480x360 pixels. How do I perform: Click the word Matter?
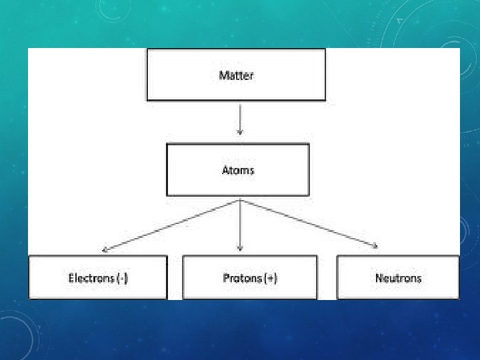[236, 75]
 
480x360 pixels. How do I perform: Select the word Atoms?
[238, 170]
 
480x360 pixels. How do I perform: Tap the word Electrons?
[91, 277]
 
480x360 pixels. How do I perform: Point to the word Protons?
[242, 277]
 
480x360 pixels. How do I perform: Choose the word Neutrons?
[398, 277]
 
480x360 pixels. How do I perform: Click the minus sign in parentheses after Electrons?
[122, 277]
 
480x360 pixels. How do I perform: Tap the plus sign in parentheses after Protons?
[270, 277]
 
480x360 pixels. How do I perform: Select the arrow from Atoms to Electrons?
[170, 225]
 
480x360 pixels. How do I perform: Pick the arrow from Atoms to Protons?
[239, 223]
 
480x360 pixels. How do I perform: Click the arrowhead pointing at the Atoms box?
[239, 133]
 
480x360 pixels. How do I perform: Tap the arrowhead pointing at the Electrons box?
[105, 251]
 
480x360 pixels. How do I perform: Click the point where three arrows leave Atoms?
[239, 199]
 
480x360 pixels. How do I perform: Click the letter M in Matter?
[223, 75]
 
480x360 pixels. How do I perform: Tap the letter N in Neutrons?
[379, 277]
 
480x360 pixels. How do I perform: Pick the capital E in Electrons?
[71, 277]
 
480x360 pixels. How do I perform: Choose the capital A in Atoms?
[225, 170]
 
